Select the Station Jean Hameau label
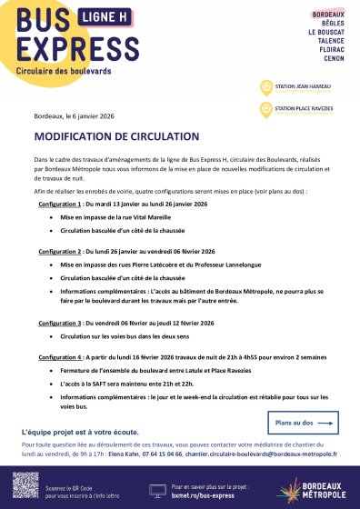[x=298, y=88]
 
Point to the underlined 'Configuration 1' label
[x=60, y=205]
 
